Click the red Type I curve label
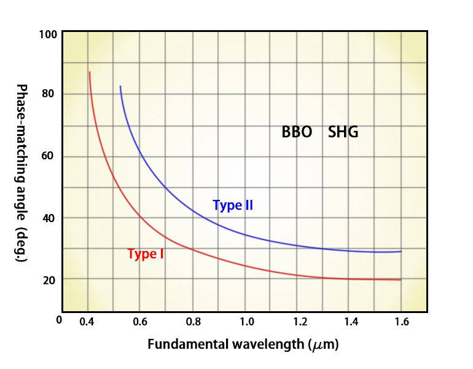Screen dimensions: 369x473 coord(146,253)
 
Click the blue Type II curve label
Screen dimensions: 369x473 coord(233,205)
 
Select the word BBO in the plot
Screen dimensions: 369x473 coord(297,132)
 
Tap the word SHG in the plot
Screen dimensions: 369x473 coord(343,132)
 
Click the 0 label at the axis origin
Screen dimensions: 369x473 coord(59,320)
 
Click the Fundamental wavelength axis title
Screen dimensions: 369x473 coord(243,344)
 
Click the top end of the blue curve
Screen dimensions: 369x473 coord(120,87)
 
